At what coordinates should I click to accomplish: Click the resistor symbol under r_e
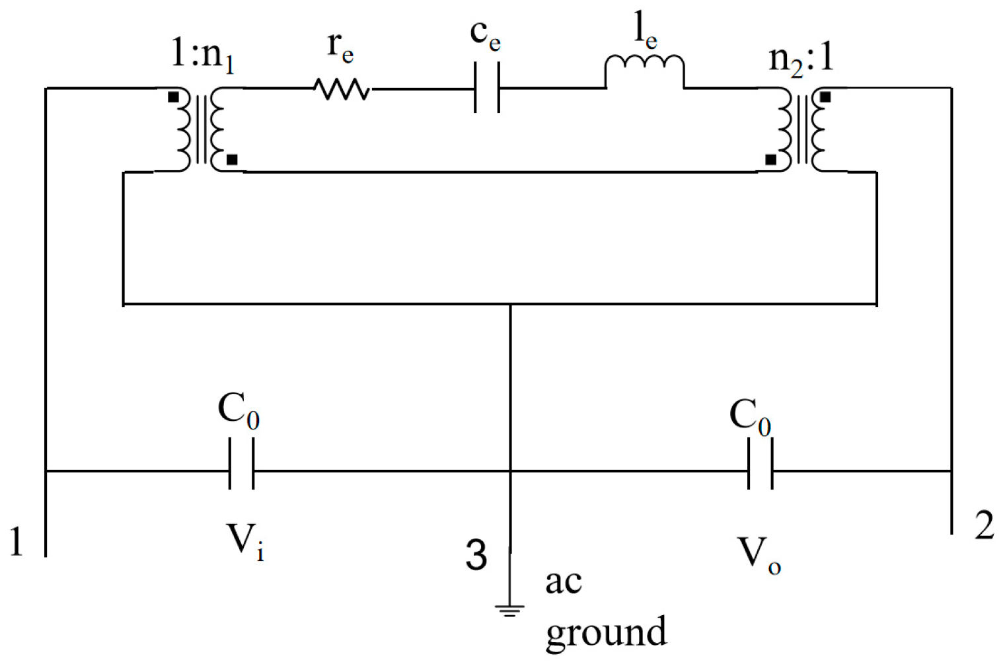(341, 89)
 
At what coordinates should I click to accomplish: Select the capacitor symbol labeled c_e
(487, 88)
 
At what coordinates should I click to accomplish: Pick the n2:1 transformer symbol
(802, 129)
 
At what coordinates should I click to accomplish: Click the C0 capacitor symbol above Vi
(241, 471)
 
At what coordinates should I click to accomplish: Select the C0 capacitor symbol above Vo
(760, 471)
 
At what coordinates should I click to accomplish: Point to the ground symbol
(509, 609)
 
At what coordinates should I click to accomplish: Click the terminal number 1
(16, 542)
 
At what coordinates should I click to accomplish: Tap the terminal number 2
(985, 526)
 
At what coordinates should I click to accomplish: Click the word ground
(606, 632)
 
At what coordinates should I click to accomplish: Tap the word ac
(563, 582)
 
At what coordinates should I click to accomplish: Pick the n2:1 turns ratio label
(802, 58)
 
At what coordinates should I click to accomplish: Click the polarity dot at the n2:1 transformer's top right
(825, 98)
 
